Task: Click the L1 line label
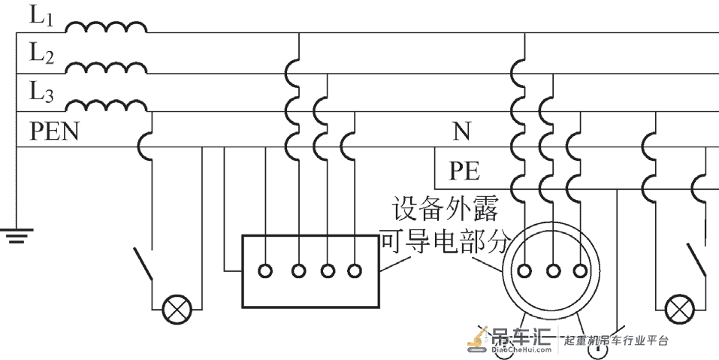coord(42,16)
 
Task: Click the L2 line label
coord(42,54)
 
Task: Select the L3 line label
coord(42,92)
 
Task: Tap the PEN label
coord(55,132)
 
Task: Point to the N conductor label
coord(462,132)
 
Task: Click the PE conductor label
coord(464,171)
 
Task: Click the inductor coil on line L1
coord(106,28)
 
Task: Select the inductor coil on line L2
coord(106,67)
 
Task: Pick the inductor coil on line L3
coord(106,105)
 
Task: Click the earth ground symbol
coord(17,235)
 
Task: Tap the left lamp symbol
coord(177,310)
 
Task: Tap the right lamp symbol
coord(680,310)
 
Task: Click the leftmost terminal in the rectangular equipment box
coord(265,271)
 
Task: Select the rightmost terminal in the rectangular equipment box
coord(355,271)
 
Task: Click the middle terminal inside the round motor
coord(553,271)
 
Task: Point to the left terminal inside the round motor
coord(524,271)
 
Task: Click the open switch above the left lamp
coord(143,264)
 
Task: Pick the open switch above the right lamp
coord(696,260)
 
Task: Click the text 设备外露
coord(445,209)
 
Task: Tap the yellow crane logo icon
coord(479,340)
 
